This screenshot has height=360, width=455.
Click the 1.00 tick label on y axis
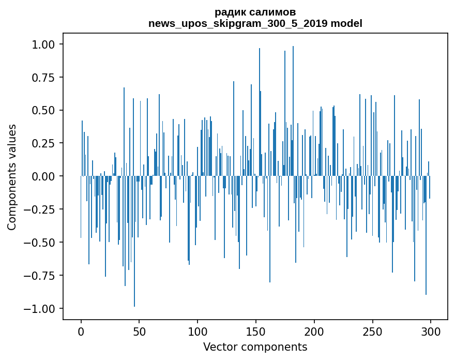tap(47, 44)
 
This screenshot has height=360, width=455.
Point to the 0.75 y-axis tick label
tap(47, 78)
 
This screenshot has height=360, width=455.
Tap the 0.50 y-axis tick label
tap(47, 110)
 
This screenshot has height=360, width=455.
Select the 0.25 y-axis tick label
tap(47, 143)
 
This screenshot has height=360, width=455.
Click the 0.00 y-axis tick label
tap(47, 176)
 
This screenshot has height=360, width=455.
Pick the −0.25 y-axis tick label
tap(44, 209)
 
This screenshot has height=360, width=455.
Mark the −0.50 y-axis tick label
tap(44, 243)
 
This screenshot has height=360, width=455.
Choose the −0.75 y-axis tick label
tap(44, 276)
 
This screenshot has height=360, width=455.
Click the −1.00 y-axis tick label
tap(44, 309)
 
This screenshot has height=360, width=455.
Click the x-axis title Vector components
tap(255, 347)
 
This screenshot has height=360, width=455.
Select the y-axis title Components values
tap(12, 176)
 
